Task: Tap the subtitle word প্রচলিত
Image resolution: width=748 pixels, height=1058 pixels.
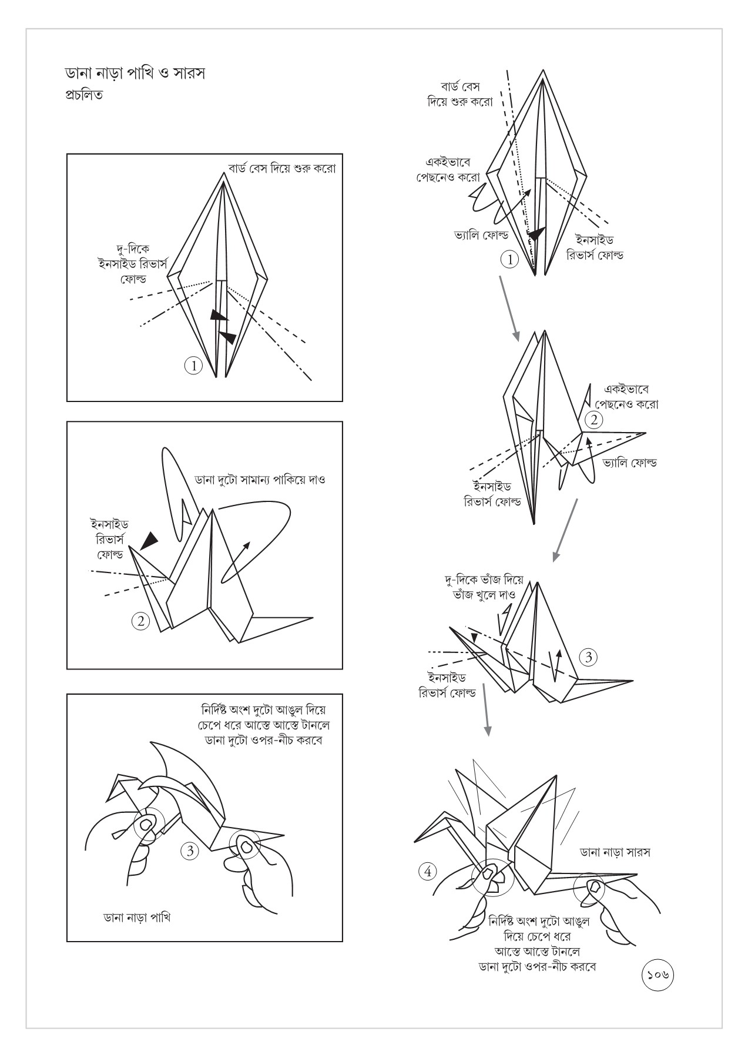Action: (x=83, y=95)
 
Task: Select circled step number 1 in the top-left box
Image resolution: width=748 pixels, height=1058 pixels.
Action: (x=193, y=366)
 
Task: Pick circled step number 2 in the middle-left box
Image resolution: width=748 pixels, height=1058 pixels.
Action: (x=140, y=621)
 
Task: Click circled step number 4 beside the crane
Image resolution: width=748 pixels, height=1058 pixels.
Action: (x=428, y=871)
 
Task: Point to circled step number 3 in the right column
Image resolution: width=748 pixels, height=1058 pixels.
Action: (x=588, y=657)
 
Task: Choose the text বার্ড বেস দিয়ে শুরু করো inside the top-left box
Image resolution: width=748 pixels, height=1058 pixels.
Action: (x=281, y=169)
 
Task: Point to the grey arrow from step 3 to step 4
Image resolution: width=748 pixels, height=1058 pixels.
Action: (x=485, y=710)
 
